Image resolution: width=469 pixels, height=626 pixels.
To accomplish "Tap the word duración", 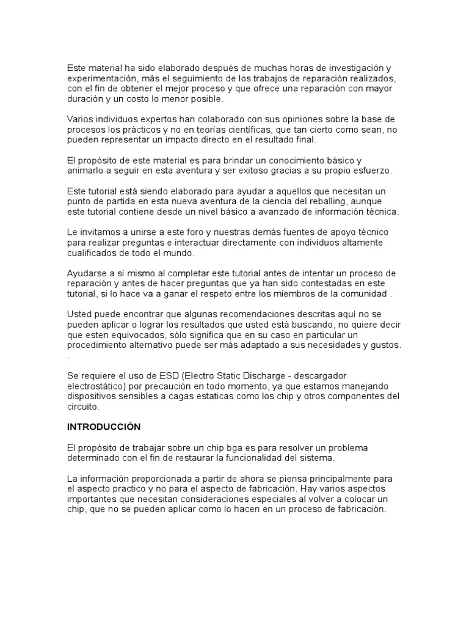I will pyautogui.click(x=85, y=99).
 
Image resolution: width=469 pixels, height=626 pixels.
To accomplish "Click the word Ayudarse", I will pyautogui.click(x=87, y=273).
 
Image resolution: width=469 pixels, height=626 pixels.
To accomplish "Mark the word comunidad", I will pyautogui.click(x=362, y=293).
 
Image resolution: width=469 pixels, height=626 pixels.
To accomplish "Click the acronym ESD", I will pyautogui.click(x=151, y=375).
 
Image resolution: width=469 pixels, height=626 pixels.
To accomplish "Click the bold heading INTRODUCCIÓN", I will pyautogui.click(x=104, y=426).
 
